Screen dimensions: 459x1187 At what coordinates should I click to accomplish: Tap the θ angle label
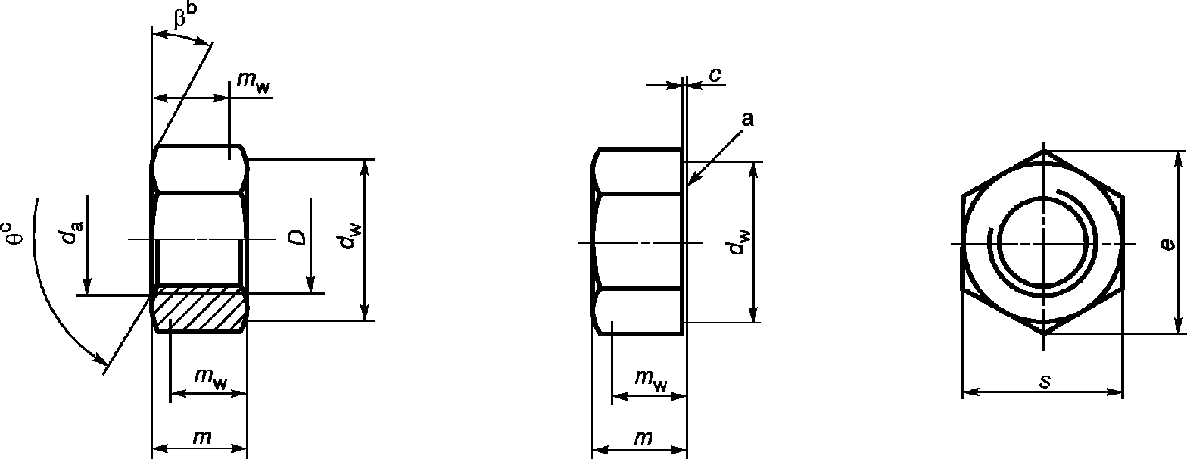click(x=15, y=233)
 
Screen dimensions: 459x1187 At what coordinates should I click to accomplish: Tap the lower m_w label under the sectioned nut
click(x=210, y=379)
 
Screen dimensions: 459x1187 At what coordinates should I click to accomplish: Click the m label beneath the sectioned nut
click(x=201, y=436)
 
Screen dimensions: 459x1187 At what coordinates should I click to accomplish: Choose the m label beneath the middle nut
click(x=642, y=437)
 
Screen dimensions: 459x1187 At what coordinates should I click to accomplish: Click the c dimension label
click(x=714, y=74)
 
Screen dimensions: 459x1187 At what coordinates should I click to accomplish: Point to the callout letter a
click(x=747, y=119)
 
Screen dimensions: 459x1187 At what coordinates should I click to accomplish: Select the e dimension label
click(x=1169, y=244)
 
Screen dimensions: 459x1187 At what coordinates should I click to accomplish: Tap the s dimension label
click(x=1045, y=381)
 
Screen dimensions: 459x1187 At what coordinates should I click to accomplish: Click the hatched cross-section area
click(x=200, y=309)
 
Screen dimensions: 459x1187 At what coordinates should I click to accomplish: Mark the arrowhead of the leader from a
click(x=691, y=183)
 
